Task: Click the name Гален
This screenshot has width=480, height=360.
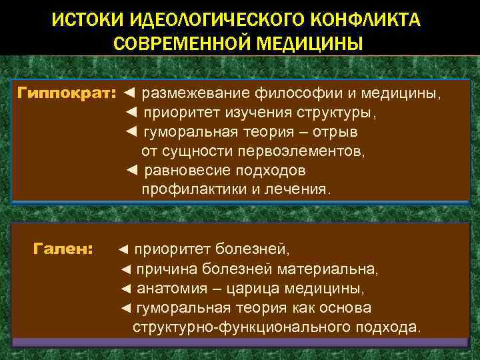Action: point(63,249)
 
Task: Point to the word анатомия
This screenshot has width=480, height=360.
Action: point(171,289)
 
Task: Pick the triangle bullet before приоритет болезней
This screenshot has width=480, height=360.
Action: point(123,250)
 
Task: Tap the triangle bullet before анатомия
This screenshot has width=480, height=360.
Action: point(127,289)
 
